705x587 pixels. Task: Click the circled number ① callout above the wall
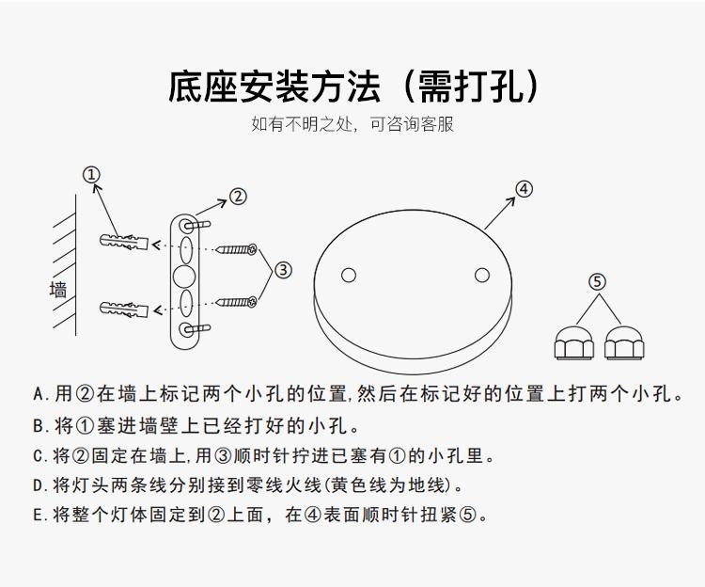point(91,175)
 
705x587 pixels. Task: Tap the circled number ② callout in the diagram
point(238,197)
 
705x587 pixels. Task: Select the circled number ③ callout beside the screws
point(282,271)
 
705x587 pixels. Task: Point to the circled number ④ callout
point(524,189)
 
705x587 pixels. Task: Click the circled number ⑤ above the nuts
point(597,281)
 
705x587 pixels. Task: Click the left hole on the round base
point(349,276)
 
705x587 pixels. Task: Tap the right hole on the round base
point(482,275)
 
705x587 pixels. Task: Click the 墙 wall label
point(58,290)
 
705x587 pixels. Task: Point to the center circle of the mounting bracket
point(184,277)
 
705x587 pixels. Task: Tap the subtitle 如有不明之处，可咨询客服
point(352,124)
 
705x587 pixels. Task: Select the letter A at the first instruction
point(39,393)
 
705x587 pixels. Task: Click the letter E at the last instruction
point(39,515)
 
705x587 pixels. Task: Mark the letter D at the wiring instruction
point(39,484)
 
